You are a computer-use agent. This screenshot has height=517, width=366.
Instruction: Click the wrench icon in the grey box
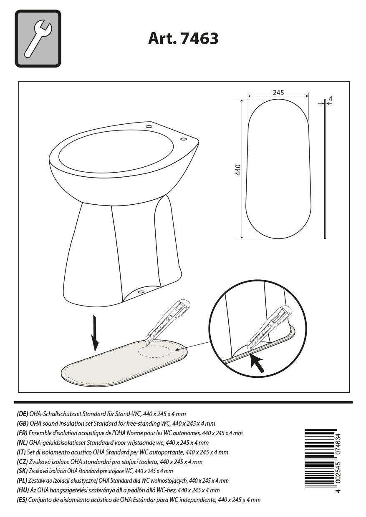(38, 39)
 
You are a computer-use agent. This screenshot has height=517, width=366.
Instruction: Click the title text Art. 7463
(183, 39)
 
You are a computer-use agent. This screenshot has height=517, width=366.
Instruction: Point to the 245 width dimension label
(278, 93)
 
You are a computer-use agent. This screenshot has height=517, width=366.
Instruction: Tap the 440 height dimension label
(238, 170)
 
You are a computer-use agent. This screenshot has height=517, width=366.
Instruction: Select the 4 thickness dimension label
(331, 99)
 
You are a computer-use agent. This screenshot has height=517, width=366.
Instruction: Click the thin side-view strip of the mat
(325, 169)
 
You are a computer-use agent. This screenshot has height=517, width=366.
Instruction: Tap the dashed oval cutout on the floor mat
(155, 351)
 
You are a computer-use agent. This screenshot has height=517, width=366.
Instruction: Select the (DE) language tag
(22, 414)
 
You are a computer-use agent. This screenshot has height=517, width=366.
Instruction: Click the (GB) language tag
(22, 424)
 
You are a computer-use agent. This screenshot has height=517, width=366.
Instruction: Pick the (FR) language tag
(22, 433)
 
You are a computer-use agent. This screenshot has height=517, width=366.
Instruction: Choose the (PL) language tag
(22, 481)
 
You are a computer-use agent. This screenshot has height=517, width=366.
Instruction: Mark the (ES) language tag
(22, 500)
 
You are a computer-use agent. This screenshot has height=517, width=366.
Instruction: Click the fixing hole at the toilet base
(141, 291)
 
